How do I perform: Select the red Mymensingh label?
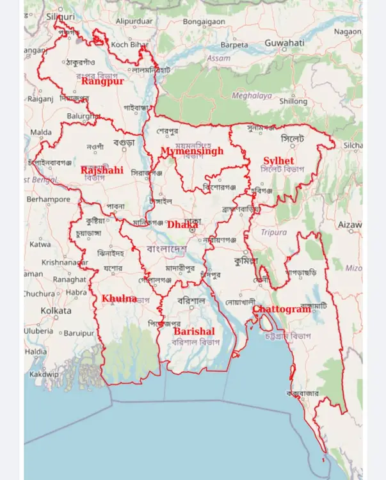pyautogui.click(x=192, y=152)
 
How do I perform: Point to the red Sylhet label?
pyautogui.click(x=278, y=160)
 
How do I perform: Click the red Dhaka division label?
pyautogui.click(x=182, y=225)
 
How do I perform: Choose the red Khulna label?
pyautogui.click(x=119, y=298)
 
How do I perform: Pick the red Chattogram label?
pyautogui.click(x=282, y=310)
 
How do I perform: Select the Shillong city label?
pyautogui.click(x=293, y=101)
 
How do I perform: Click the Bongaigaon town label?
pyautogui.click(x=204, y=21)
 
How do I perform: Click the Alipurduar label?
pyautogui.click(x=134, y=21)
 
